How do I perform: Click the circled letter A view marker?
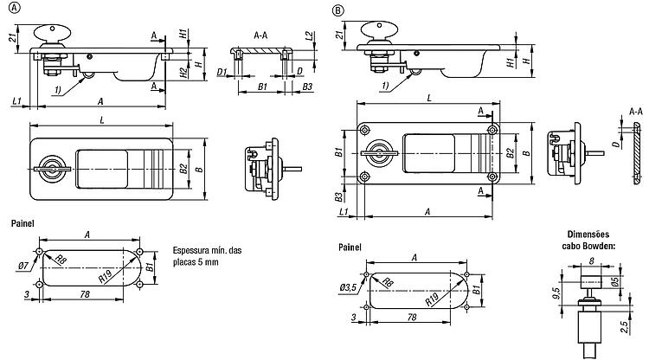point(15,8)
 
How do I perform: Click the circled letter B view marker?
point(337,10)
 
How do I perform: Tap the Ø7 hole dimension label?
point(23,266)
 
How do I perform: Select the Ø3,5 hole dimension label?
point(348,287)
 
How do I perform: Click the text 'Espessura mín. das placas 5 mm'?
point(207,256)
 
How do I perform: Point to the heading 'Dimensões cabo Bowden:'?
point(588,240)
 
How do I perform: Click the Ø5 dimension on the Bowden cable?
point(615,282)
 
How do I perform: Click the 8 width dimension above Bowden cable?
point(591,260)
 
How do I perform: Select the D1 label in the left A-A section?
point(222,73)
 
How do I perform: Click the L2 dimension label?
point(309,35)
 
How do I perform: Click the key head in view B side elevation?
point(379,29)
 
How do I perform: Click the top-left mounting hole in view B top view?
point(364,131)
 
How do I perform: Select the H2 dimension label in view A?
point(183,73)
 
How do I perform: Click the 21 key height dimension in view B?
point(340,35)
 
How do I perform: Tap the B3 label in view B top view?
point(338,197)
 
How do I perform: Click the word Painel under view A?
point(22,223)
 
